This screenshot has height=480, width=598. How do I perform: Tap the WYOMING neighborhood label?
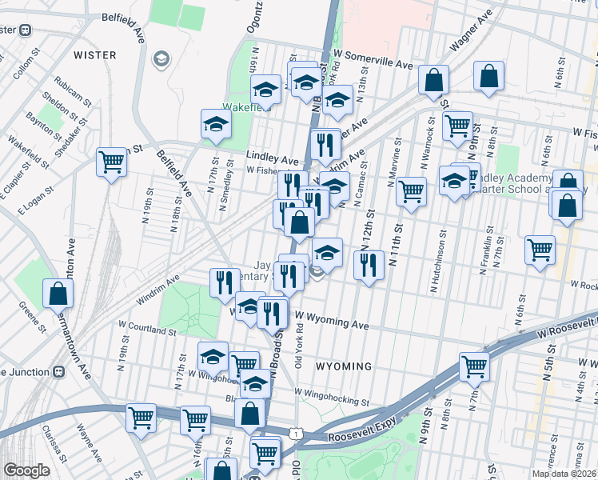344,366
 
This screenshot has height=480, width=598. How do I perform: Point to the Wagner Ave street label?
470,33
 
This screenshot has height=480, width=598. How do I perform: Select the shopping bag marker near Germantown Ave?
58,294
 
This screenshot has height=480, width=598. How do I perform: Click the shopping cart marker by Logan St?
112,162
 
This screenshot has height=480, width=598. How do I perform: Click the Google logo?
26,470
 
